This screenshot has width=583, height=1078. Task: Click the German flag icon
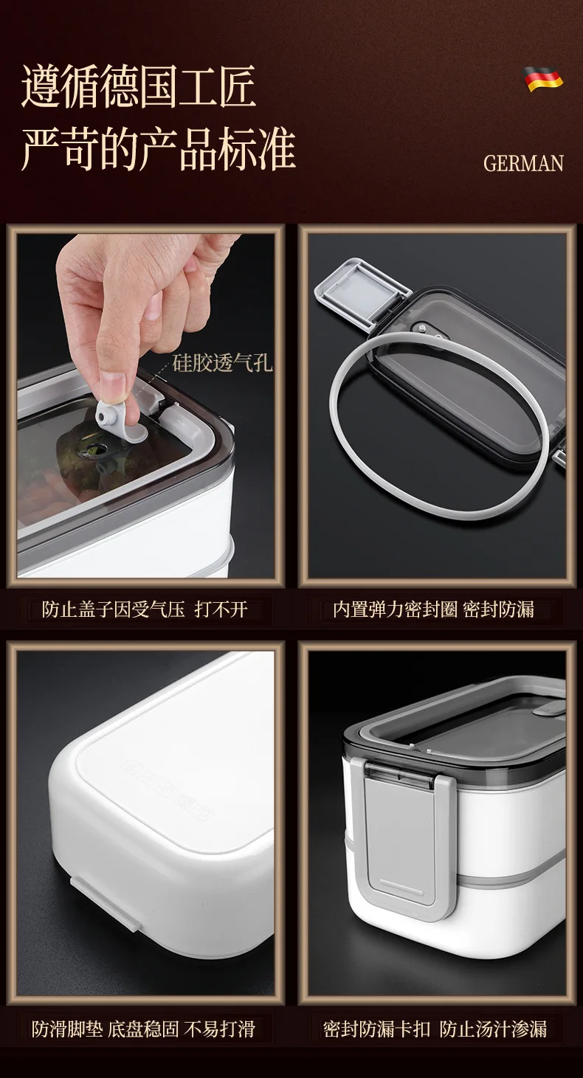[544, 79]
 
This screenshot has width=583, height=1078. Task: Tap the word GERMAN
[523, 163]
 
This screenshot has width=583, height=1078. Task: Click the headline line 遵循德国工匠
[139, 87]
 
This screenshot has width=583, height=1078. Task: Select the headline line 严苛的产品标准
[158, 150]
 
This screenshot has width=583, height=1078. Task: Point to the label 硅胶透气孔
[222, 363]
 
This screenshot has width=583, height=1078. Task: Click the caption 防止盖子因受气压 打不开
[145, 609]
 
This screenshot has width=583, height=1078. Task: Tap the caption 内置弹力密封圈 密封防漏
[433, 609]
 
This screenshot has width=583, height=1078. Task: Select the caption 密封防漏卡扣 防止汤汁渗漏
[435, 1029]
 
